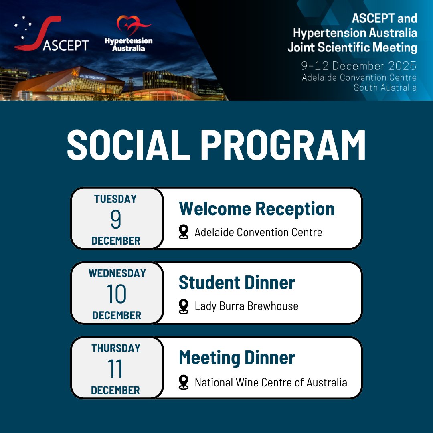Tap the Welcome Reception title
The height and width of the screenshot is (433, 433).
[x=257, y=209]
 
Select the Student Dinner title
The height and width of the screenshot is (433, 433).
[x=237, y=283]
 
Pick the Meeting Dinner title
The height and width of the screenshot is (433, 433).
[x=237, y=358]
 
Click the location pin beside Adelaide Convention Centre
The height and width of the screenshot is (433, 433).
[x=184, y=232]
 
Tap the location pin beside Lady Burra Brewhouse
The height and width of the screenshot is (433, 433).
[x=184, y=306]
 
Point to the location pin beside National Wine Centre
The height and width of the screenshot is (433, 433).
[x=184, y=382]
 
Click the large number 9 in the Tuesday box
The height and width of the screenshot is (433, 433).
[x=115, y=220]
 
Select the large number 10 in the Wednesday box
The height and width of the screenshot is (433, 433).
[x=116, y=294]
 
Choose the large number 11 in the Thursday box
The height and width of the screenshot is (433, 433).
[x=115, y=369]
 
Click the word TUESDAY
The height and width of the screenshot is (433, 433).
[x=115, y=199]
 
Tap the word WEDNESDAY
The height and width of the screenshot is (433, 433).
[x=117, y=273]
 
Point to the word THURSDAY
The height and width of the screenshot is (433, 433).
[x=116, y=348]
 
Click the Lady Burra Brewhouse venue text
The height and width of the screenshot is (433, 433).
[x=246, y=306]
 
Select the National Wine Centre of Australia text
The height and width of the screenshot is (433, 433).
[x=271, y=382]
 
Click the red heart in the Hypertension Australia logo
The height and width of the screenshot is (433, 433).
[x=128, y=26]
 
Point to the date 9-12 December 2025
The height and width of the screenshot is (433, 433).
[x=359, y=66]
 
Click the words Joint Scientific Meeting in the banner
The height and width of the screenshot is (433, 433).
[x=352, y=47]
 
